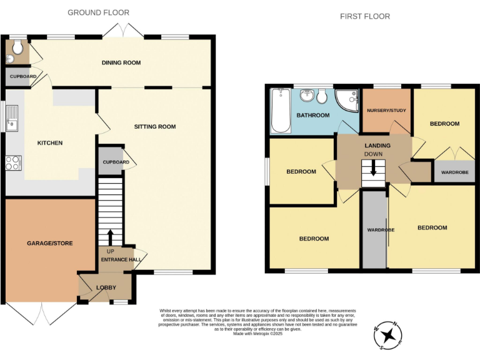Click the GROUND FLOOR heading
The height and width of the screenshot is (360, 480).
(98, 12)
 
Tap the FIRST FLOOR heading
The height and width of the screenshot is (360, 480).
(365, 16)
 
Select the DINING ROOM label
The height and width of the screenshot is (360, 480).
(121, 62)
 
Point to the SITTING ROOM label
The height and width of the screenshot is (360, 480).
(155, 127)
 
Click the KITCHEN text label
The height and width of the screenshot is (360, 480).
(50, 143)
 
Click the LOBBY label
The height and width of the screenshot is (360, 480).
(106, 287)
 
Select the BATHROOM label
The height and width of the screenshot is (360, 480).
(312, 116)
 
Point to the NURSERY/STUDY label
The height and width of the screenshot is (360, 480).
(387, 110)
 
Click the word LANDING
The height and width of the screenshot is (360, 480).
(374, 146)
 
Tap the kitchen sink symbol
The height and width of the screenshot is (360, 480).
(12, 117)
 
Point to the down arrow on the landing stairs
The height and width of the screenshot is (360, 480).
(373, 169)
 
